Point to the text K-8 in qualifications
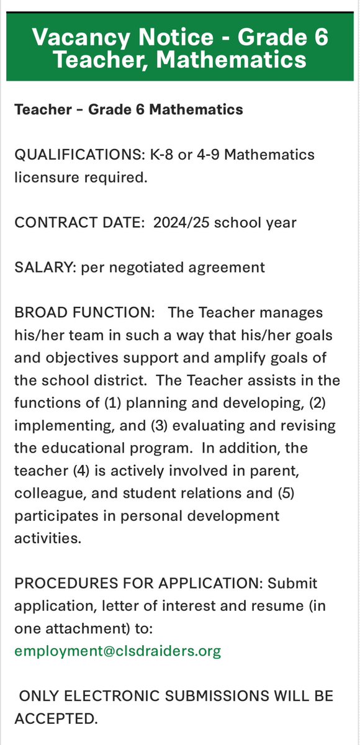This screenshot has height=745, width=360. (x=154, y=154)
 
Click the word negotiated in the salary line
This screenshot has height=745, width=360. (x=150, y=268)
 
